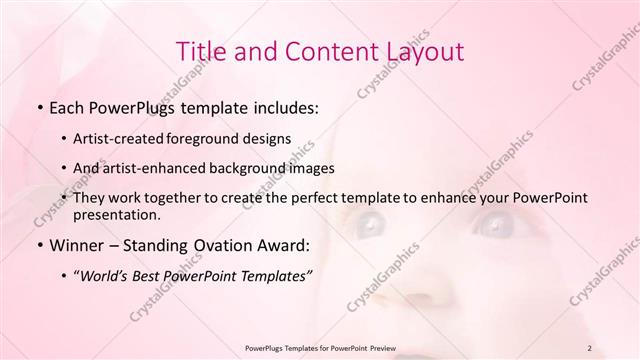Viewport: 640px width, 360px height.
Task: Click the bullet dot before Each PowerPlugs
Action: tap(38, 105)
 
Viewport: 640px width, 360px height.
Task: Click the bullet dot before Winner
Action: tap(38, 244)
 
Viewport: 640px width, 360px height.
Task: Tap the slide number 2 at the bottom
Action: tap(590, 347)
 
